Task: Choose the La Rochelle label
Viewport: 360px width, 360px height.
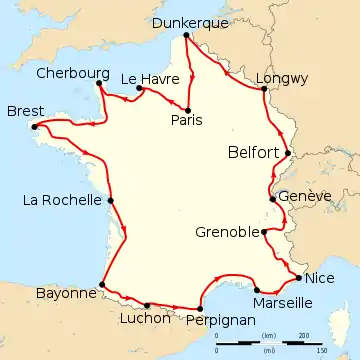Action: coord(59,200)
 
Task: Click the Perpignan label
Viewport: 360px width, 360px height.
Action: coord(217,321)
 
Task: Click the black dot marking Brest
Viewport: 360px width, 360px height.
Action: coord(36,126)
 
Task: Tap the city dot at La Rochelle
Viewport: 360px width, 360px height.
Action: coord(111,200)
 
